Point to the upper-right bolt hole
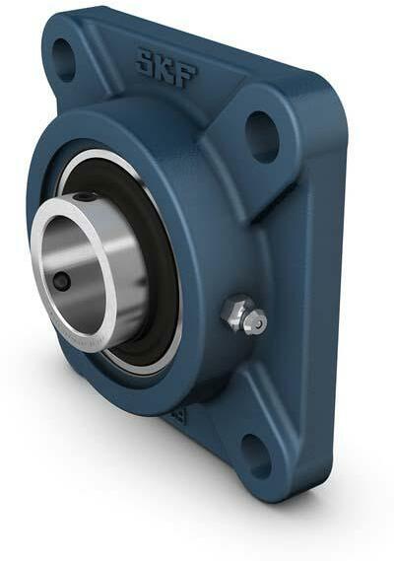pos(261,136)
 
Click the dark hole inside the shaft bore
pos(61,282)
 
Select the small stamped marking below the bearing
pos(178,415)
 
